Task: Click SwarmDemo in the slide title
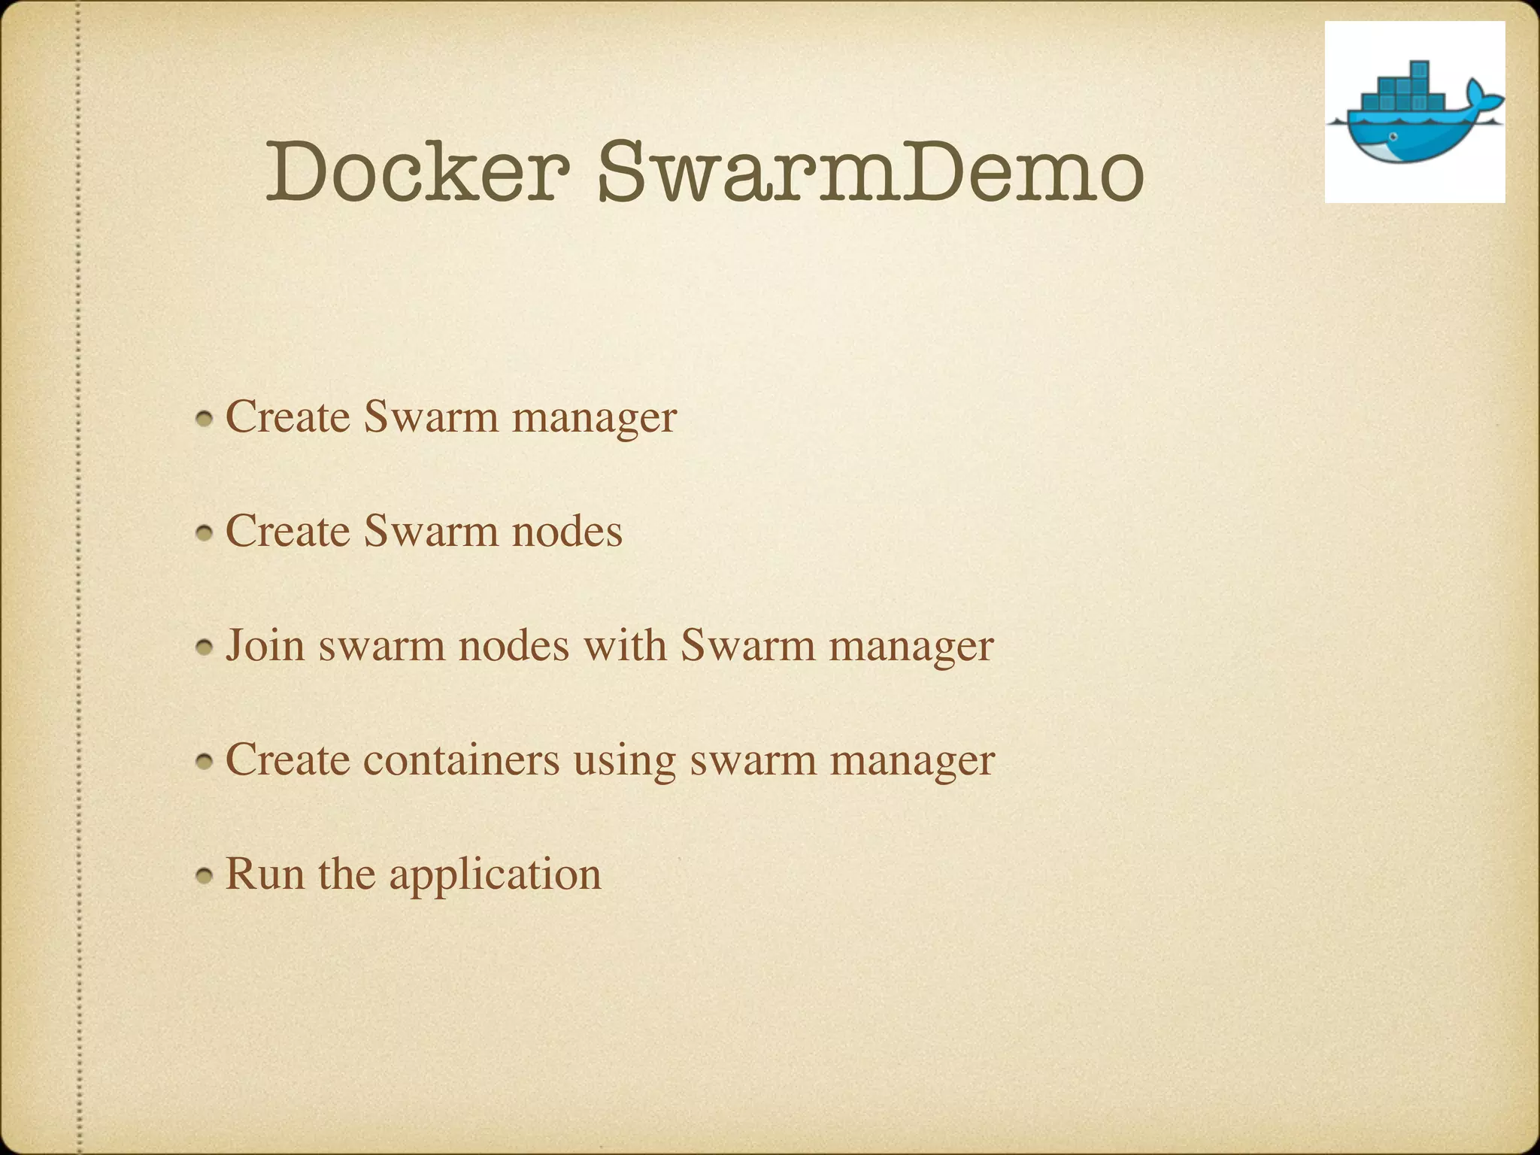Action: pyautogui.click(x=871, y=173)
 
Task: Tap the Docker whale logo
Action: pyautogui.click(x=1414, y=113)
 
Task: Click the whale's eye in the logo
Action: pyautogui.click(x=1393, y=136)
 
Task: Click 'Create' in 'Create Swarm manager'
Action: pyautogui.click(x=287, y=417)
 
